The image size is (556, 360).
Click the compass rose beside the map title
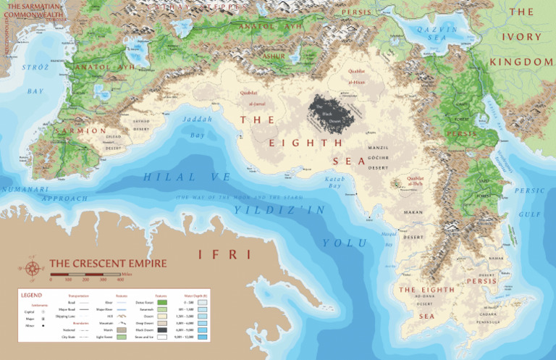(32, 268)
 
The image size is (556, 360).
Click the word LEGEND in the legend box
(31, 295)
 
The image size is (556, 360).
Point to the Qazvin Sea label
(433, 33)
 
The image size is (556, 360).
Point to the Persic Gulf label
(529, 203)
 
